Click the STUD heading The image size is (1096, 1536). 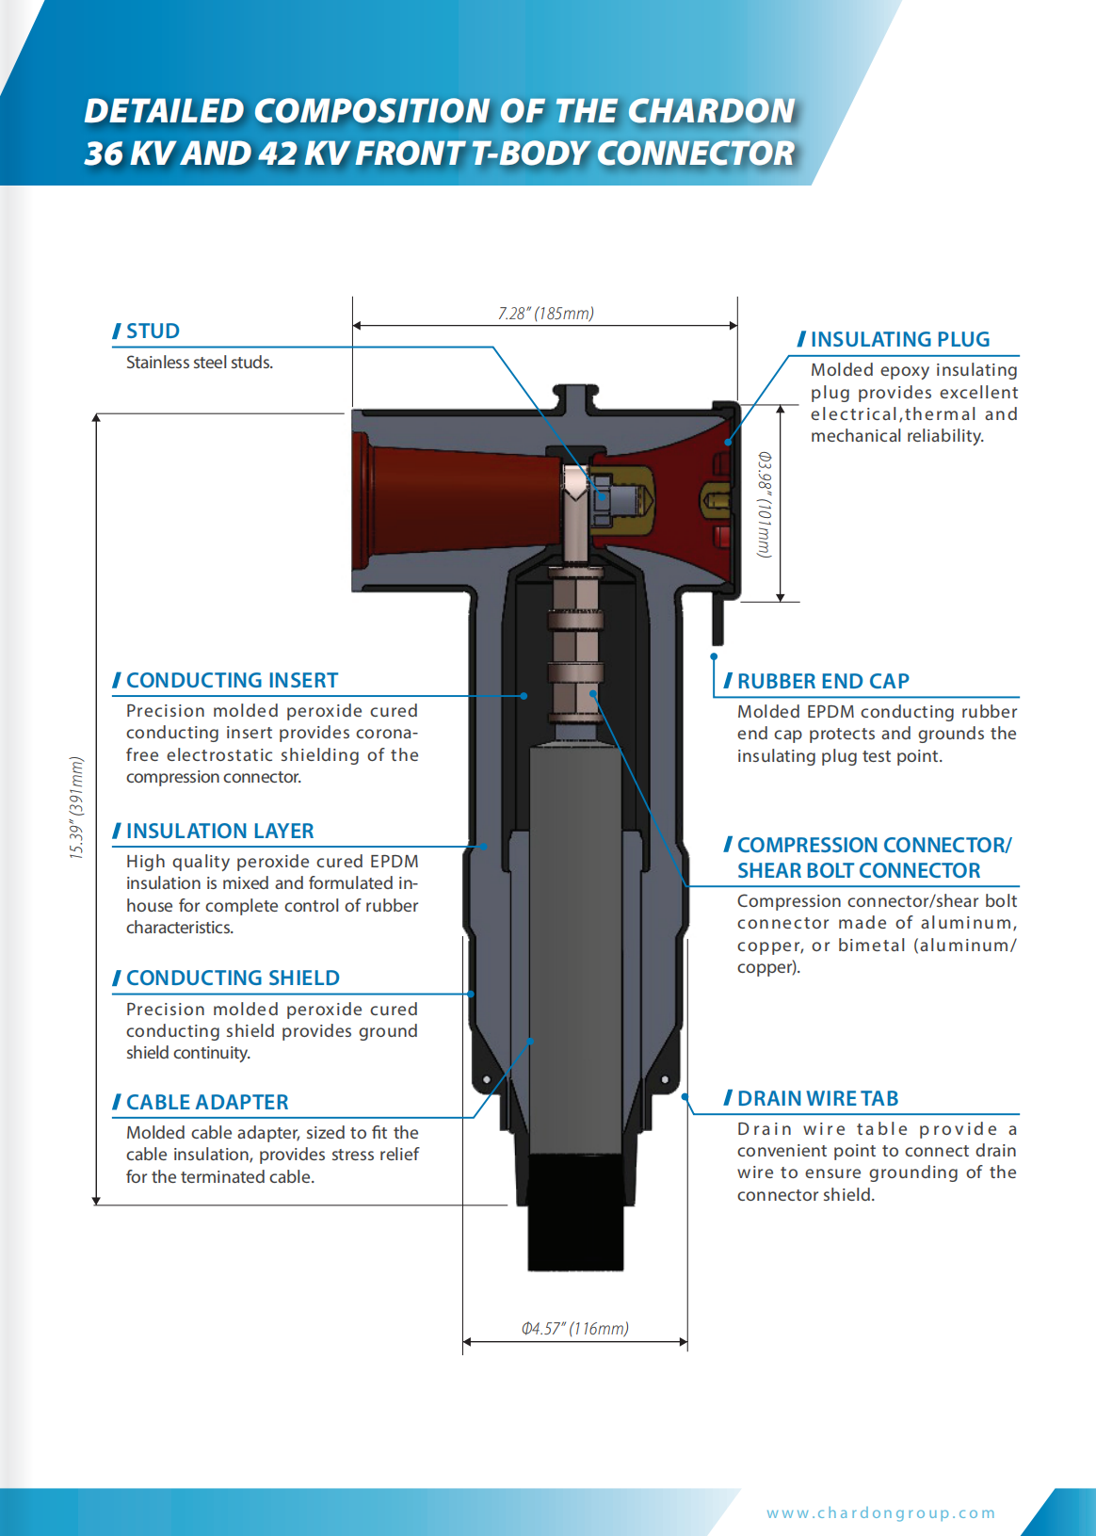pos(153,331)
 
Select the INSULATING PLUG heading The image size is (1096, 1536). pos(899,339)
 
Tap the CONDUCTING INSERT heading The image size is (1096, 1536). pos(232,680)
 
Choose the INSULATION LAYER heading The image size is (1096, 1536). pos(219,831)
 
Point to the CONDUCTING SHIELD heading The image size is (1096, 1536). pos(233,978)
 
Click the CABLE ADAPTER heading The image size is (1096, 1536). pos(207,1102)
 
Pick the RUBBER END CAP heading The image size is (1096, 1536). pos(823,681)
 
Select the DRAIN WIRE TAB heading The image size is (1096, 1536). pos(817,1098)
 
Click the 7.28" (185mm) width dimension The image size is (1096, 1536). pos(546,314)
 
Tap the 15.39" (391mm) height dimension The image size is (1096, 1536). pos(76,807)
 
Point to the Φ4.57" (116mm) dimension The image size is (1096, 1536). pos(575,1329)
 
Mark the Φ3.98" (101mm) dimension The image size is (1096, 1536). pos(766,505)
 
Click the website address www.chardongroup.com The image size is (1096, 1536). pos(880,1512)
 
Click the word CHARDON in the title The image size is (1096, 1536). pos(712,111)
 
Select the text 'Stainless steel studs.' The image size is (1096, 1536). pos(200,363)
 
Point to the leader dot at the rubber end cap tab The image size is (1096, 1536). pos(714,656)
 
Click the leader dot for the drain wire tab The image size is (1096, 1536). pos(685,1097)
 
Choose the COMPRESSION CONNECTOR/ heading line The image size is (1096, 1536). pos(874,845)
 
